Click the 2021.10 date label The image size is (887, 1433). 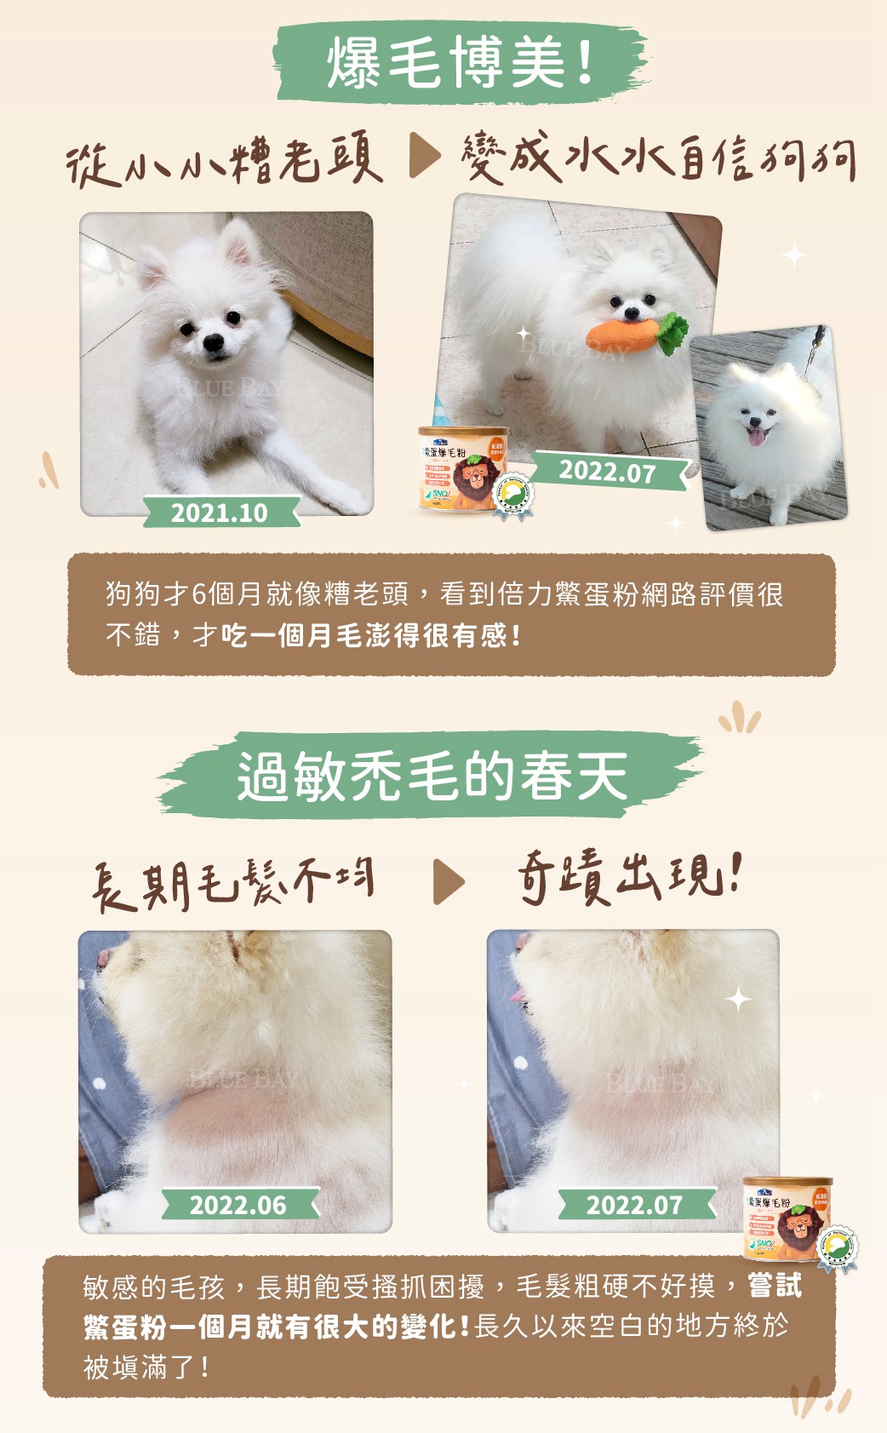tap(220, 513)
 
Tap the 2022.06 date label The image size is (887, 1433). tap(238, 1205)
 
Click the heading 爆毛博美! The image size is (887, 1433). tap(460, 62)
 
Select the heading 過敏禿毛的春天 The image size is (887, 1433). tap(432, 776)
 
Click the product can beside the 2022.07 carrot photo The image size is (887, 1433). tap(463, 469)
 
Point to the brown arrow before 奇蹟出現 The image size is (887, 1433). tap(449, 882)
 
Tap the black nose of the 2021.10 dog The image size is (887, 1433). tap(214, 343)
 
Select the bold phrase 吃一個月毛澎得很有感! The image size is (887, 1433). tap(371, 635)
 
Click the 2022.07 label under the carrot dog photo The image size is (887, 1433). tap(607, 471)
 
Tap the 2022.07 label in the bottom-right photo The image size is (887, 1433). tap(634, 1205)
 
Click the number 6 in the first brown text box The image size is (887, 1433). tap(199, 593)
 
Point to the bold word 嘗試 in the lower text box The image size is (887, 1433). tap(775, 1285)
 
